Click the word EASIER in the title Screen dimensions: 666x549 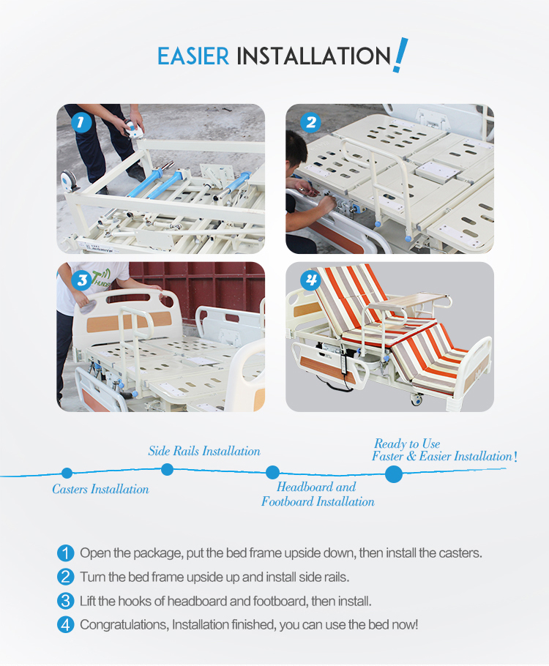pos(193,56)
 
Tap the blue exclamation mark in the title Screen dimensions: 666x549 pos(400,55)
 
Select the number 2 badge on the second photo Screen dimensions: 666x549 pos(310,122)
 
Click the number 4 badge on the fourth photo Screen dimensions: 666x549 pos(310,280)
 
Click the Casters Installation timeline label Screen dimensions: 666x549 pos(100,489)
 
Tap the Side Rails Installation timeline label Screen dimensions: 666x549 pos(204,451)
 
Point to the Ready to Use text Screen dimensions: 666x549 pos(407,444)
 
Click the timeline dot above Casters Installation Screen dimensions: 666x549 pos(67,474)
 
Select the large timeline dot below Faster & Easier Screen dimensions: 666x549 pos(394,474)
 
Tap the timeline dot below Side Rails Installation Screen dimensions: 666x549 pos(167,469)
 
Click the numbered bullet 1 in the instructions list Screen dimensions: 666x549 pos(66,553)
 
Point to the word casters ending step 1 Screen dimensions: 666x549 pos(459,553)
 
